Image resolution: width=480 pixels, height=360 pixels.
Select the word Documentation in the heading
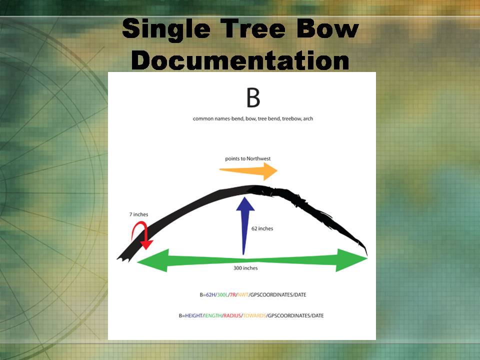[240, 60]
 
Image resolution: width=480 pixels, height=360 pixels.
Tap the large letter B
[253, 97]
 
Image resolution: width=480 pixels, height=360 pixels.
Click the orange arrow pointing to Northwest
[248, 171]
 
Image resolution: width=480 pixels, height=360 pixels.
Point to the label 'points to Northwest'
[247, 158]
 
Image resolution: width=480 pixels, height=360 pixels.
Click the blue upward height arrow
[245, 225]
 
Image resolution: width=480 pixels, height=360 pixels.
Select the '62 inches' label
[262, 228]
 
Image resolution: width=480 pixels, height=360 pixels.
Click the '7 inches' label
[138, 214]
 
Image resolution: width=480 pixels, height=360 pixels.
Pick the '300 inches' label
[245, 268]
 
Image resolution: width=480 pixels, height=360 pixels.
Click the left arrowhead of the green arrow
[153, 260]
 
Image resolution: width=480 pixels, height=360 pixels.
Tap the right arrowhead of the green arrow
[351, 260]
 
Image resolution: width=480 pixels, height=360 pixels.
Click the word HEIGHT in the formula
[193, 315]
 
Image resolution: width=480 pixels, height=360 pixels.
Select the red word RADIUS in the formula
[232, 315]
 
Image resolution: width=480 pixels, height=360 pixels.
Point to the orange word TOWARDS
[254, 315]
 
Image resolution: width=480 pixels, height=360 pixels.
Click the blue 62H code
[210, 295]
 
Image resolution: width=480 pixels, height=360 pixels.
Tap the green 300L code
[222, 295]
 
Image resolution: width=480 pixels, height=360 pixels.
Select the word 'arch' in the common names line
[308, 118]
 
